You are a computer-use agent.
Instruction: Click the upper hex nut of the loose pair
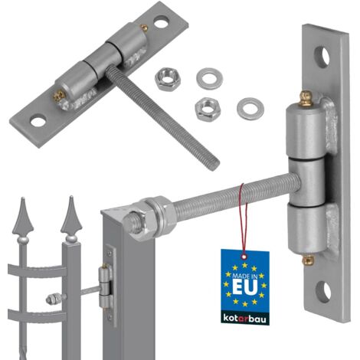168,79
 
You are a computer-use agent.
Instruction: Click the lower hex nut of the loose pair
207,110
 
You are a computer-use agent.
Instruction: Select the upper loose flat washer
209,78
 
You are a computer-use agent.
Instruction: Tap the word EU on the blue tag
245,286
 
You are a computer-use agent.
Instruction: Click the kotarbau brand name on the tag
244,319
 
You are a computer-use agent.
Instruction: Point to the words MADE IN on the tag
244,276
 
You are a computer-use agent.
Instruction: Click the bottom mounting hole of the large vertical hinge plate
323,291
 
